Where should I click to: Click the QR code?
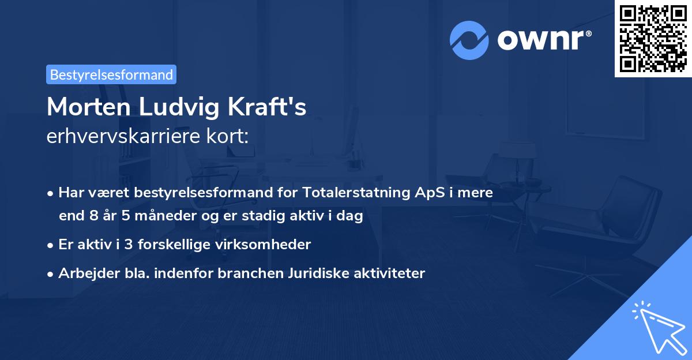tap(653, 38)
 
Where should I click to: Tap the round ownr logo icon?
tap(469, 40)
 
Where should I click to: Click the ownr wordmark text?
tap(543, 40)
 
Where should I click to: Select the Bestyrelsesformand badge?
tap(111, 74)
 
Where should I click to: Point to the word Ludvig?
tap(183, 107)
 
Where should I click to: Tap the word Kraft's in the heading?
tap(270, 107)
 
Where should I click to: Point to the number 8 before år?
tap(93, 216)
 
